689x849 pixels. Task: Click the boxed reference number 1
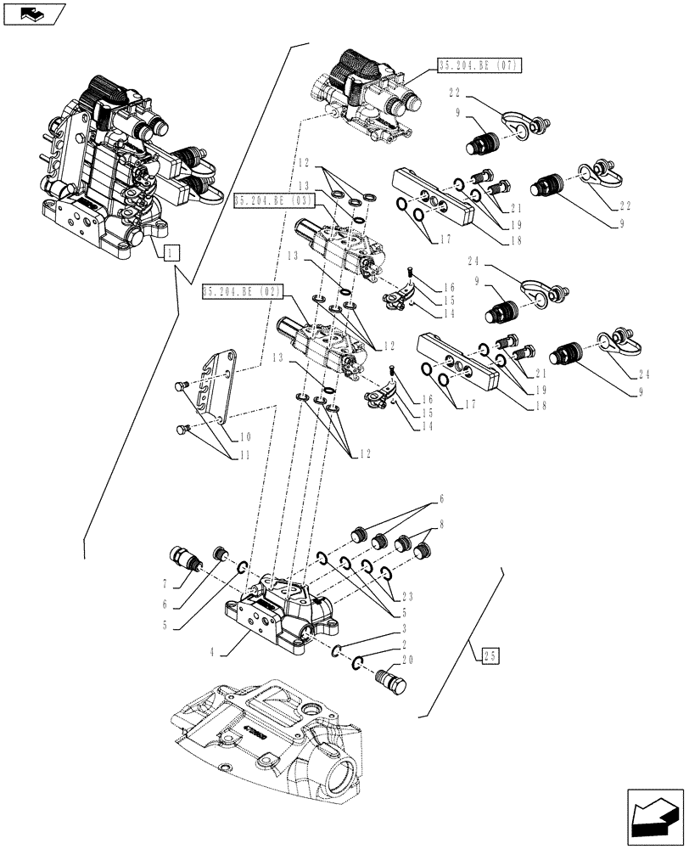point(171,251)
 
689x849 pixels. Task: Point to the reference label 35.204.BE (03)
point(274,200)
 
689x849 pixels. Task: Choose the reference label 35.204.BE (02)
point(242,293)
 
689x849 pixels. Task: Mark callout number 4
point(210,654)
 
